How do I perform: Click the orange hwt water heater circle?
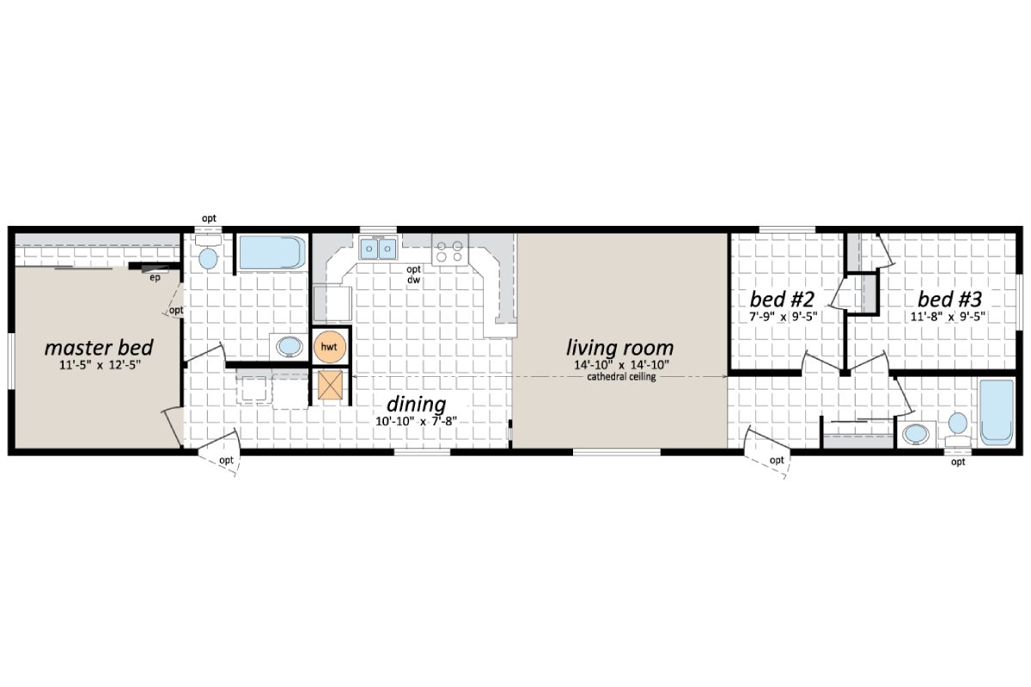pos(328,346)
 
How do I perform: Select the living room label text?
pos(619,348)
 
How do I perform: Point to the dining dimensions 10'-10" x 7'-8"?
pos(417,421)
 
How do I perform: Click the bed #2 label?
pos(782,300)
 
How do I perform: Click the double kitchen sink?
pos(377,248)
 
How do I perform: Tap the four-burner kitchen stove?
pos(449,250)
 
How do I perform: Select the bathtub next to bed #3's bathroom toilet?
pos(997,411)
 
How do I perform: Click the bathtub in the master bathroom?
pos(271,252)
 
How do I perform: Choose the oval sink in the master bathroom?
pos(288,347)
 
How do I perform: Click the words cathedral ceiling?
pos(621,377)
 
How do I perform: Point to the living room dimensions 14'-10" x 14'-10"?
pos(619,366)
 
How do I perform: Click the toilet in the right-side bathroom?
pos(957,424)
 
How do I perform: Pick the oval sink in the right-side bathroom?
pos(917,432)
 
